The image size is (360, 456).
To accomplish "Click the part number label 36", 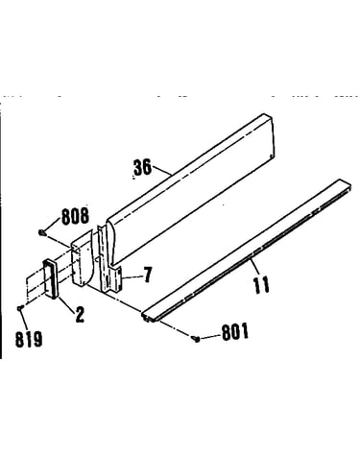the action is (142, 167).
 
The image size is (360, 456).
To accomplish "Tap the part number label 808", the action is (75, 216).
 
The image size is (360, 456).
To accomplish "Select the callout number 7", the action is (147, 275).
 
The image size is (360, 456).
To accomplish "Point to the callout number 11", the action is (261, 285).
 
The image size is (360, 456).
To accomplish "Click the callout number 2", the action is (79, 314).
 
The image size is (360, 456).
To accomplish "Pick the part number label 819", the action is (29, 339).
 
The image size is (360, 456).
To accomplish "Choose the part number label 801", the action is (235, 332).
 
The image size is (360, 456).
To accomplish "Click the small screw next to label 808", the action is (41, 232).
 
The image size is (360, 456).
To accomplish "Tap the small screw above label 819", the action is (20, 308).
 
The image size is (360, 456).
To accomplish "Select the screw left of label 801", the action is (196, 338).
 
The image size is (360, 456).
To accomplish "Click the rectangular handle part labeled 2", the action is (50, 279).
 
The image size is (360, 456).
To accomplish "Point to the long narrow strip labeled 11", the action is (247, 251).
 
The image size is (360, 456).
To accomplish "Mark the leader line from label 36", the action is (162, 170).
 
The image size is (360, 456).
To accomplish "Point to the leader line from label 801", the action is (210, 336).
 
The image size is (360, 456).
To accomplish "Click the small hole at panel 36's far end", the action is (272, 156).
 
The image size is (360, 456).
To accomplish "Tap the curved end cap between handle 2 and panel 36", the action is (82, 260).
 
